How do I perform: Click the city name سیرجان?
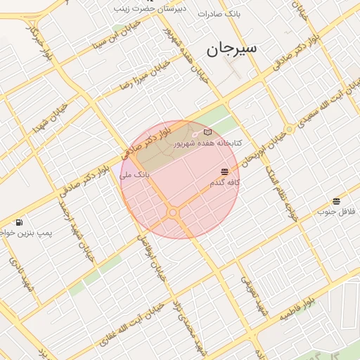[x=231, y=49]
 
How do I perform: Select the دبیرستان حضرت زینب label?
[x=148, y=8]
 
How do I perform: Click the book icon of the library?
[x=207, y=131]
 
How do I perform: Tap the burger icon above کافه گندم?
[x=224, y=172]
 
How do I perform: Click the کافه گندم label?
[x=225, y=182]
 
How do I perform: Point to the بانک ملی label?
[x=135, y=174]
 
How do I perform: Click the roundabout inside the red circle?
[x=172, y=212]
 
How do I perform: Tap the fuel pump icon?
[x=18, y=222]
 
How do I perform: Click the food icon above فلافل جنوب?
[x=336, y=201]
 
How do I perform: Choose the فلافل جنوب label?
[x=333, y=212]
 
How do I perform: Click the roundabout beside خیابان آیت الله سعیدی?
[x=289, y=129]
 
